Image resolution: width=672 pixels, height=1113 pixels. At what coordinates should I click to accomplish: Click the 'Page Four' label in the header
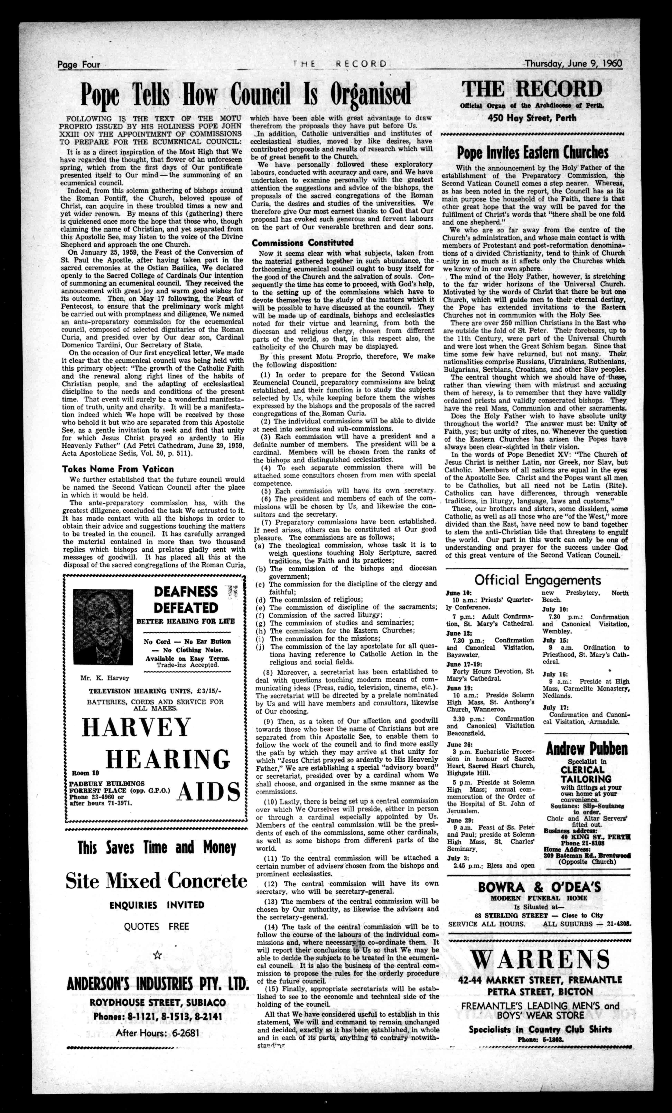[x=79, y=65]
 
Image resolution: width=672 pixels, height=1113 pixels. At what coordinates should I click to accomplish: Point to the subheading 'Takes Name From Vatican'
[x=118, y=469]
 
